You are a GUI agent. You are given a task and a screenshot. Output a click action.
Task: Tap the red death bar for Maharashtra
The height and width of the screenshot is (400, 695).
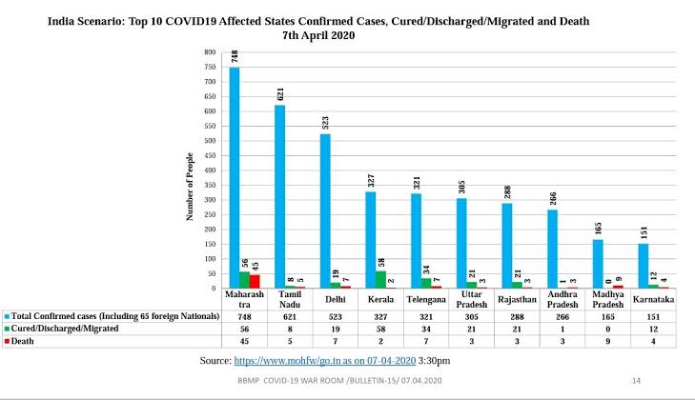click(255, 281)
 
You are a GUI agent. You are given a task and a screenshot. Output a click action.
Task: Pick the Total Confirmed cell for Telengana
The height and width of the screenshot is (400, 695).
click(422, 316)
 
